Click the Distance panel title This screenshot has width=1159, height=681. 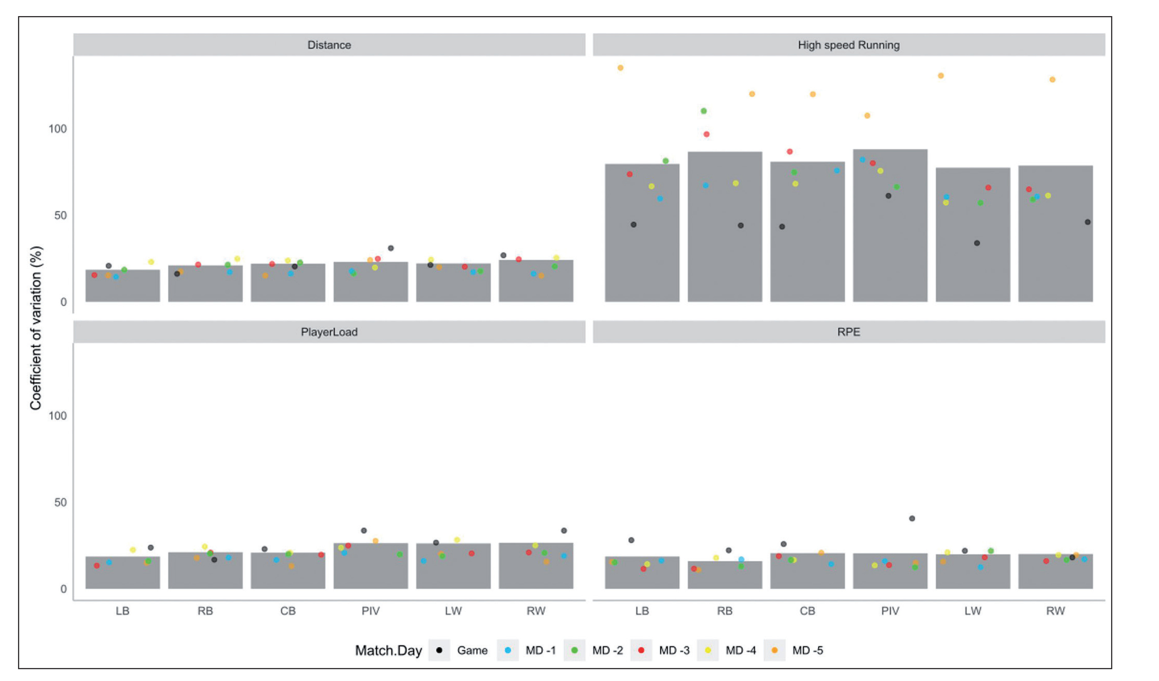coord(329,45)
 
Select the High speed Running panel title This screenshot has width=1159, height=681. coord(848,45)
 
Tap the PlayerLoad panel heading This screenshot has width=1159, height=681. coord(329,332)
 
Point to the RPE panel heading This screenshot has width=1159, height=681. coord(848,332)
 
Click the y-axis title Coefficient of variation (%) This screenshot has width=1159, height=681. coord(36,327)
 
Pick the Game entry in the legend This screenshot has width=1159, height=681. coord(472,650)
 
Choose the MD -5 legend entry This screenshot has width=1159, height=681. coord(807,650)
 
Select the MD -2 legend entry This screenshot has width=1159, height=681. coord(607,650)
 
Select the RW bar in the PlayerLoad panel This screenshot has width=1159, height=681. coord(536,568)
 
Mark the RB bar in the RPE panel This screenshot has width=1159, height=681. coord(724,577)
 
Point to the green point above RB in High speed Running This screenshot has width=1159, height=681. coord(703,111)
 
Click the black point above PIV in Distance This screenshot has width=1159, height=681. coord(391,248)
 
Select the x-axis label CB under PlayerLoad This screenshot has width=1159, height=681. coord(288,611)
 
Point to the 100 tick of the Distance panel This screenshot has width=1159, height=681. coord(57,129)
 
